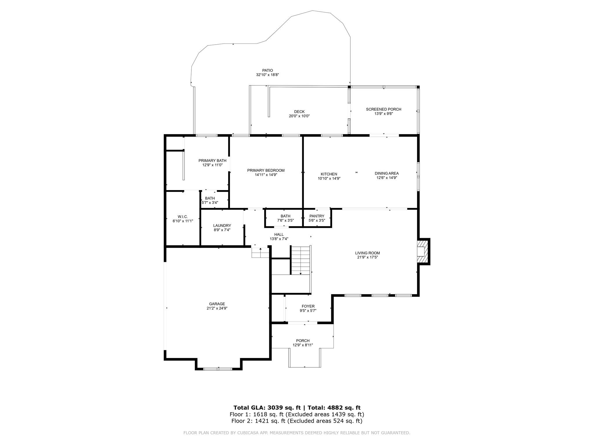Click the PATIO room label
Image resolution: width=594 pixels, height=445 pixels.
coord(267,70)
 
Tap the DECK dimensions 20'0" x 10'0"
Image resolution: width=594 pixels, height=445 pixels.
coord(299,116)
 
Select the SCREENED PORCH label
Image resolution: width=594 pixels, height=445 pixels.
coord(383,109)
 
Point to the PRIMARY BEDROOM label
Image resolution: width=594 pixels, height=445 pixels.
coord(266,170)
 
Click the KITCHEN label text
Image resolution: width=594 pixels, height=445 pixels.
coord(329,174)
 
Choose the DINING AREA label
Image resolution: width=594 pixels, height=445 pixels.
coord(387,173)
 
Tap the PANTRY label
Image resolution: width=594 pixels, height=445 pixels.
coord(317,216)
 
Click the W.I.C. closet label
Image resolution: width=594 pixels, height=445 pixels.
coord(183,216)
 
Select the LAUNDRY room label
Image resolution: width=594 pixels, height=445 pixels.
coord(222,226)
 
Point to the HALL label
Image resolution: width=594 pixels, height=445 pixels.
coord(279,234)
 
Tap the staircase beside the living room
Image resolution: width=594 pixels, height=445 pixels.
coord(301,260)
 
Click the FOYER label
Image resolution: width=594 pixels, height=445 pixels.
coord(308,306)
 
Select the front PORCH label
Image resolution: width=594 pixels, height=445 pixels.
coord(303,340)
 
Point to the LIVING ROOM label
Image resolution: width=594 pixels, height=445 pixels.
coord(368,253)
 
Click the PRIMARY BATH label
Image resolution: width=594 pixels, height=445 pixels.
coord(212,161)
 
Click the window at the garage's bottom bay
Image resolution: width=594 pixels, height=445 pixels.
coord(218,369)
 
